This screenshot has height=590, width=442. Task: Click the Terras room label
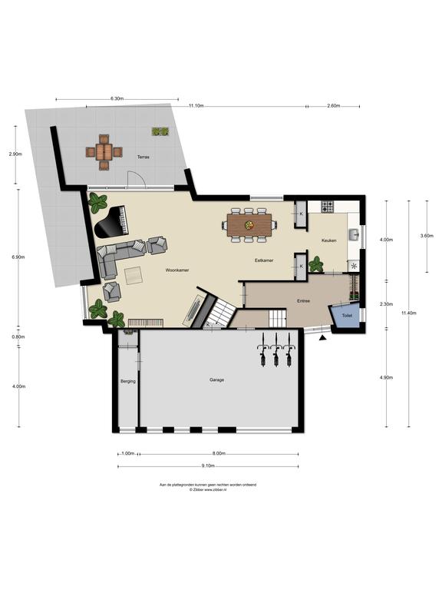pos(143,157)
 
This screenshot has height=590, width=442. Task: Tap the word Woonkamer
pos(177,271)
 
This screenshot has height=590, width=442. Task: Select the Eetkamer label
pos(265,261)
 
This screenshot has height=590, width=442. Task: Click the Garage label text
pos(217,380)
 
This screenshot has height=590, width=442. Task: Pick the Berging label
pos(127,381)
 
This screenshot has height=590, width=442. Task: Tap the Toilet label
pos(347,316)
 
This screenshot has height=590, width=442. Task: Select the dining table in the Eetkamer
pos(249,224)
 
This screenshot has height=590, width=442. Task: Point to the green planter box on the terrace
pos(160,131)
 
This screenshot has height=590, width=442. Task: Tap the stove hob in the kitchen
pos(328,207)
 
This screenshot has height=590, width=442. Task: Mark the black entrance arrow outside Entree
pos(323,336)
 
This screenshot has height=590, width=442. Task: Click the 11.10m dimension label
pos(196,106)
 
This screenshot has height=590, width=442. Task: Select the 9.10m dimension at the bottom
pos(208,466)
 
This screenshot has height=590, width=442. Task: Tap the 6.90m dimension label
pos(16,257)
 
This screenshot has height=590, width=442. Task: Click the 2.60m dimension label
pos(333,106)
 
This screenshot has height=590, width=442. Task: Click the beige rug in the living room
pos(134,273)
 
